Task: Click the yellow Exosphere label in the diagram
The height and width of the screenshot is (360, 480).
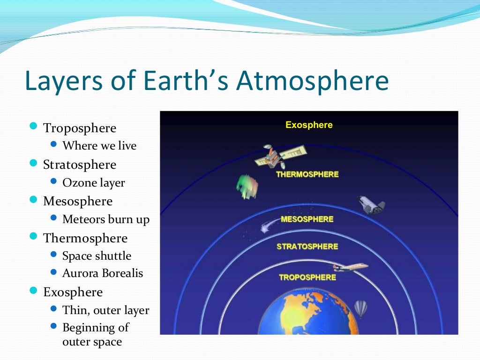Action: point(309,125)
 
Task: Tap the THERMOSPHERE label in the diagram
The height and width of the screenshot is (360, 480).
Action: point(307,174)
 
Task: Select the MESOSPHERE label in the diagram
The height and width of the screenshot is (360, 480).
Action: point(307,219)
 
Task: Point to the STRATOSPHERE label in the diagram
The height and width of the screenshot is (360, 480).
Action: point(307,247)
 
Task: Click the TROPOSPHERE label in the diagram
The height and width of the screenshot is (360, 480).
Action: point(307,277)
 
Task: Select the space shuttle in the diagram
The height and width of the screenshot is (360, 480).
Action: point(371,205)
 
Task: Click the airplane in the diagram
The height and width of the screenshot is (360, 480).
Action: point(350,267)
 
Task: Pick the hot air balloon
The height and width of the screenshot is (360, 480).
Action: point(360,308)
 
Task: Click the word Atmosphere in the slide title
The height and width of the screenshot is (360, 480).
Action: point(312,81)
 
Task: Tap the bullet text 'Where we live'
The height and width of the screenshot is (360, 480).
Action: point(99,146)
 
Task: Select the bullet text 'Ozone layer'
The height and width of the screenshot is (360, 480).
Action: point(94,182)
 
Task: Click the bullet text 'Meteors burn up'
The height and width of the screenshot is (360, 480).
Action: point(106,219)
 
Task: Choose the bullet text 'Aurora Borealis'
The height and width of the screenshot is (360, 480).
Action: point(103,273)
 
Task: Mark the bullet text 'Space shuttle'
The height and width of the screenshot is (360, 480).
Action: point(97,256)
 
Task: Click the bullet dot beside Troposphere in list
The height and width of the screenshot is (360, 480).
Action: point(33,127)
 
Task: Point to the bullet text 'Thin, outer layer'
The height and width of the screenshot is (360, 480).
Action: point(106,310)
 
